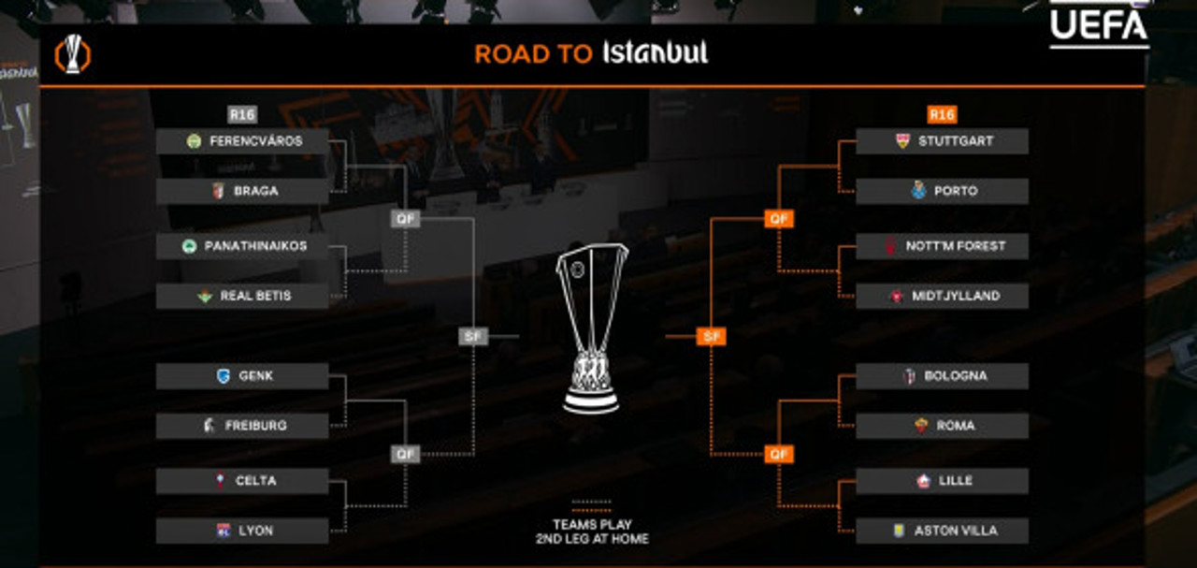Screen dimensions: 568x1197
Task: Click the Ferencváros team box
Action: pos(242,141)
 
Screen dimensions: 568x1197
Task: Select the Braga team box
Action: pos(242,191)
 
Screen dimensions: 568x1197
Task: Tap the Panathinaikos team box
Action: pos(242,246)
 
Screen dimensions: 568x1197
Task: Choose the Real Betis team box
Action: pos(242,296)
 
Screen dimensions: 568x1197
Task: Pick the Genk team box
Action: pos(242,376)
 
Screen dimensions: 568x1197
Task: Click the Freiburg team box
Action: pos(242,426)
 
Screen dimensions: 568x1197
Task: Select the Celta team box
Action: pos(242,481)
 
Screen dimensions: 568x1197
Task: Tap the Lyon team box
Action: pos(242,531)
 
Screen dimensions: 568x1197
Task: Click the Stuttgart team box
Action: pos(942,141)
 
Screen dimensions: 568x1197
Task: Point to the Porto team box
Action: pos(942,191)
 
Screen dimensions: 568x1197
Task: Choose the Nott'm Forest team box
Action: pos(942,246)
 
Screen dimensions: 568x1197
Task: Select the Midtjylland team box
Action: pos(942,296)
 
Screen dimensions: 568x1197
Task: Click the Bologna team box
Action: pos(942,376)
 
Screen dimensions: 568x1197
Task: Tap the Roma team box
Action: pos(942,426)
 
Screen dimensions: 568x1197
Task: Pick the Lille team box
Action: pos(942,481)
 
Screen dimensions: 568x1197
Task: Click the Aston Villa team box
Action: pos(942,531)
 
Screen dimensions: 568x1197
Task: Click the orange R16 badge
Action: pos(942,115)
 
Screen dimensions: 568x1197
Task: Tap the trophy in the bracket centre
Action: pos(591,328)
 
